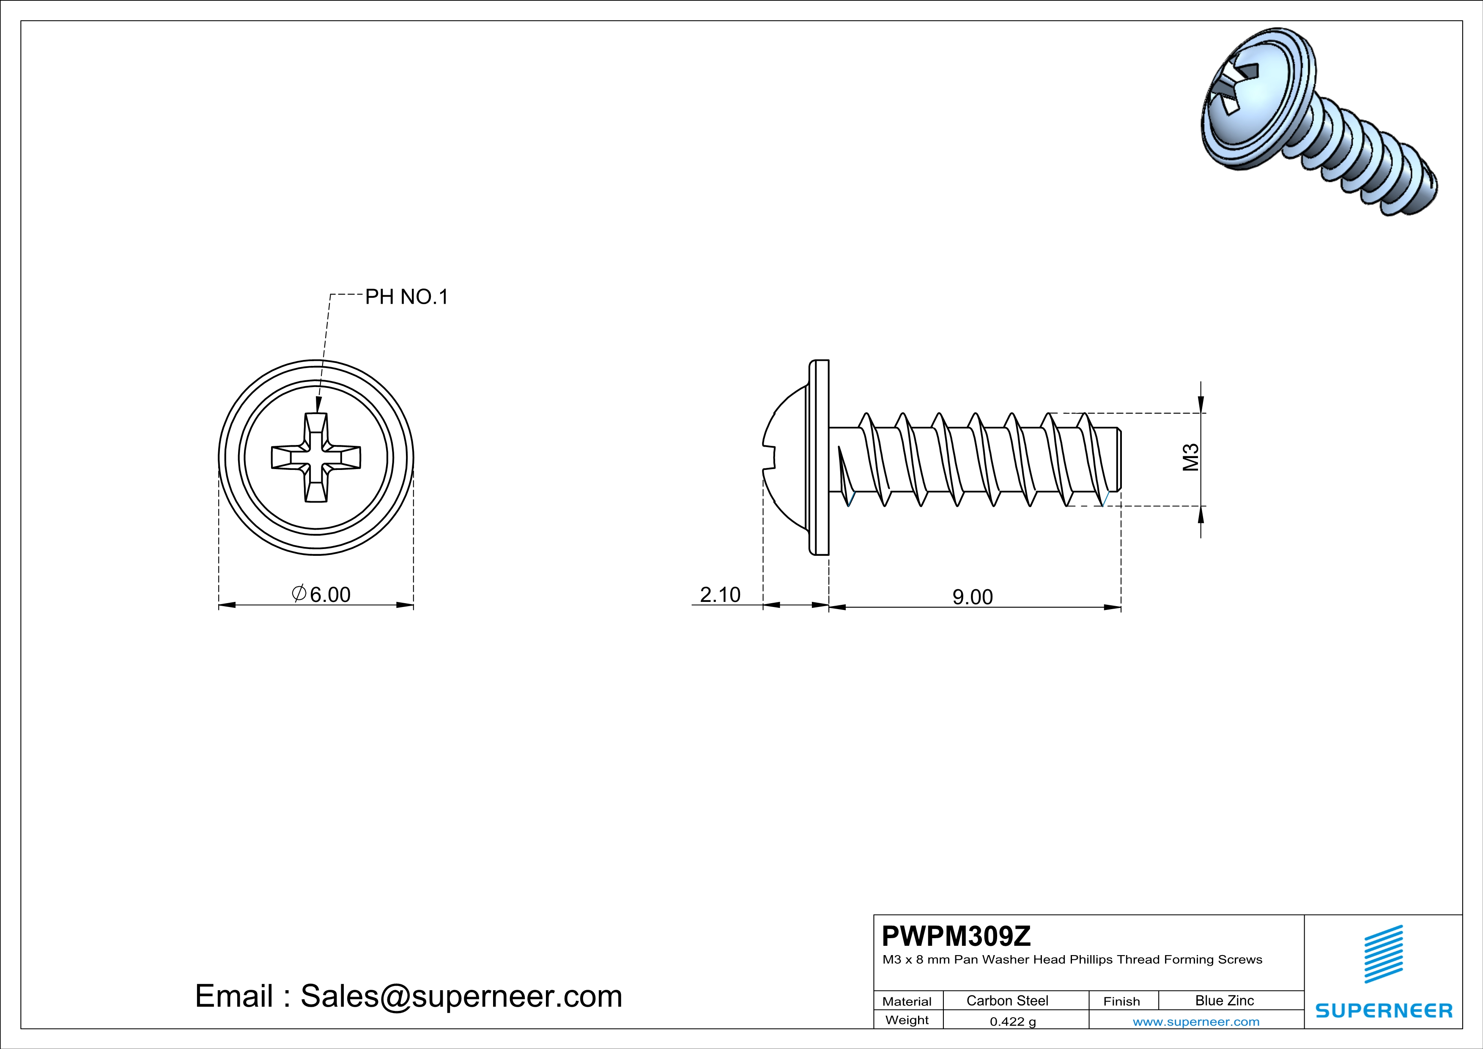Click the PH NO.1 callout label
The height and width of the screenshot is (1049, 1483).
coord(406,297)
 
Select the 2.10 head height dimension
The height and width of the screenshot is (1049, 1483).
coord(720,594)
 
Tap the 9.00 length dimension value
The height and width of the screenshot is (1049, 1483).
coord(972,597)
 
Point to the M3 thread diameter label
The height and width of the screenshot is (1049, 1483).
coord(1190,457)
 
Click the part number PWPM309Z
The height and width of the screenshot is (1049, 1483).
coord(956,936)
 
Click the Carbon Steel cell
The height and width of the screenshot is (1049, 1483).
coord(1007,1000)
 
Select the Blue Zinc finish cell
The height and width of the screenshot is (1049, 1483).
coord(1224,1000)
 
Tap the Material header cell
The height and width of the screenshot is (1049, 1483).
coord(907,1001)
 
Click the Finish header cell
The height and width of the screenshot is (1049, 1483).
coord(1121,1001)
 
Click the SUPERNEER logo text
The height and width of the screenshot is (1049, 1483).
coord(1384,1010)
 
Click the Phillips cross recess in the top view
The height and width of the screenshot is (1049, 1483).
coord(316,457)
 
